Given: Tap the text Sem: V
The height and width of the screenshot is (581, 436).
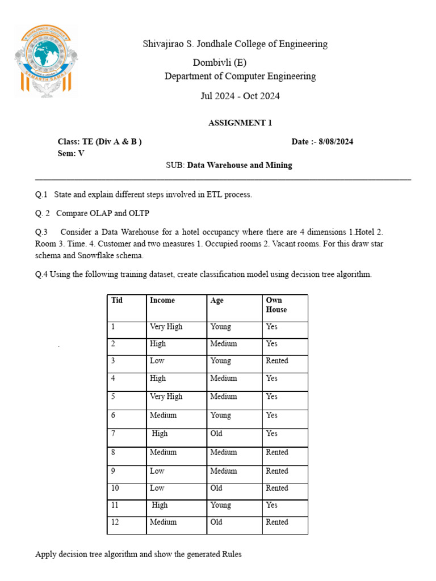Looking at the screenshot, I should [x=71, y=153].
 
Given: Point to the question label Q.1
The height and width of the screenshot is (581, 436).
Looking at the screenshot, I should [x=41, y=195].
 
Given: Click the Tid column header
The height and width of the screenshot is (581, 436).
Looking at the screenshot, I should [x=117, y=300].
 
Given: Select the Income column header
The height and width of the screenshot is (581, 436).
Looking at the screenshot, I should [x=162, y=300].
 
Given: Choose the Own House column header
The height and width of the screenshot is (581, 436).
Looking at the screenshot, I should [x=276, y=305].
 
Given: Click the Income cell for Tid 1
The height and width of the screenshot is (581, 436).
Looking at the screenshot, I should [x=166, y=327].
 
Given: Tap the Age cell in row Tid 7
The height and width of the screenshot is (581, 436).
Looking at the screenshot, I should [x=216, y=433].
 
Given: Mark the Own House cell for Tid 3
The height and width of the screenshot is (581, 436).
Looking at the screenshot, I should [x=277, y=361].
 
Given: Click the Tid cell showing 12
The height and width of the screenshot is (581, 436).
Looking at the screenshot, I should [x=115, y=522].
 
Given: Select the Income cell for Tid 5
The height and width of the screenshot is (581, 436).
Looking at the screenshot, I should [x=166, y=397].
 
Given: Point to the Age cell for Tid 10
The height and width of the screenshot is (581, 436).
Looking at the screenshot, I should [x=216, y=488].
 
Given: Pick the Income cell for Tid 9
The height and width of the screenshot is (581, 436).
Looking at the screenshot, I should [x=157, y=471].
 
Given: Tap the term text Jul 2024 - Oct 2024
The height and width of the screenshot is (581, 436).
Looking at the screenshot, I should [x=240, y=96].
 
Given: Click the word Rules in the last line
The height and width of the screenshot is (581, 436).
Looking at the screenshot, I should [x=230, y=554].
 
